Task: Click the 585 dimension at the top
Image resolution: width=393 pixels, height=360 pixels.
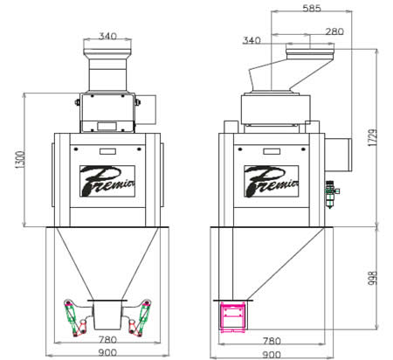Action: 312,8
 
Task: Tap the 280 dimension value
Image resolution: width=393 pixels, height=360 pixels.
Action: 334,31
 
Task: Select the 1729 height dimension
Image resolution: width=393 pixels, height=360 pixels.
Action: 373,137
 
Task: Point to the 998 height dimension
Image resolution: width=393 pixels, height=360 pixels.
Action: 373,278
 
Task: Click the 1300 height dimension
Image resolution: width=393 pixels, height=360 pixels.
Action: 20,159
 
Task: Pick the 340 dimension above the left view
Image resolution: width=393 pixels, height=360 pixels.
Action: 107,36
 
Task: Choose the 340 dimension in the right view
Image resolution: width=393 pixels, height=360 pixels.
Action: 252,40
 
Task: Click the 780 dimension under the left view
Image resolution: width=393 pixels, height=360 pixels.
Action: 107,340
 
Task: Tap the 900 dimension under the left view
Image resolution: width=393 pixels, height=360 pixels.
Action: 107,353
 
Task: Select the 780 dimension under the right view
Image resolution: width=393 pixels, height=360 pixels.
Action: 272,341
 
